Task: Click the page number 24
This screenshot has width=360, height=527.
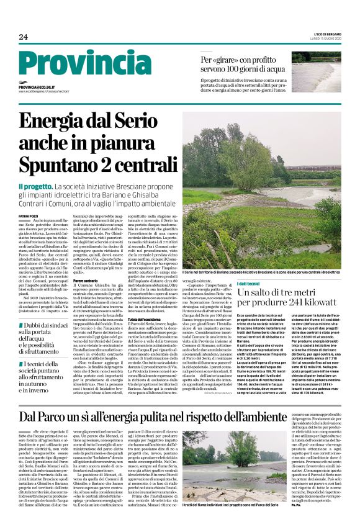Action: (23, 37)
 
